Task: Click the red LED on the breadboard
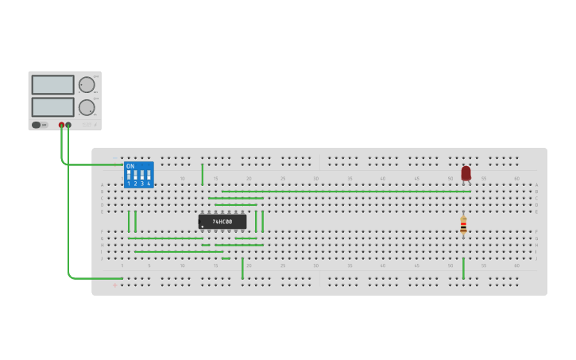pos(466,172)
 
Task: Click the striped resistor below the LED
pos(463,226)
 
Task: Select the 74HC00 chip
pos(222,222)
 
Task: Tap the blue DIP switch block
pos(138,175)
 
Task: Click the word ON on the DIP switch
pos(130,166)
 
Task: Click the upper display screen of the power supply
pos(53,85)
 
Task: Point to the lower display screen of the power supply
pos(53,106)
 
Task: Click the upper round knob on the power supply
pos(86,84)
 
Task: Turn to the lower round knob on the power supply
pos(86,107)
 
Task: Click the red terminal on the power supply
pos(61,125)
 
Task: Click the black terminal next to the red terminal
pos(68,125)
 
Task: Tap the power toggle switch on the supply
pos(37,125)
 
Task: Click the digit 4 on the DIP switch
pos(149,184)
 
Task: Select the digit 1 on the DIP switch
pos(128,184)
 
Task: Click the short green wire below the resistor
pos(463,268)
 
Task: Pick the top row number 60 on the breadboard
pos(516,178)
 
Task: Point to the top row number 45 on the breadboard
pos(416,178)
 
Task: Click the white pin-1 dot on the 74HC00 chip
pos(203,226)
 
